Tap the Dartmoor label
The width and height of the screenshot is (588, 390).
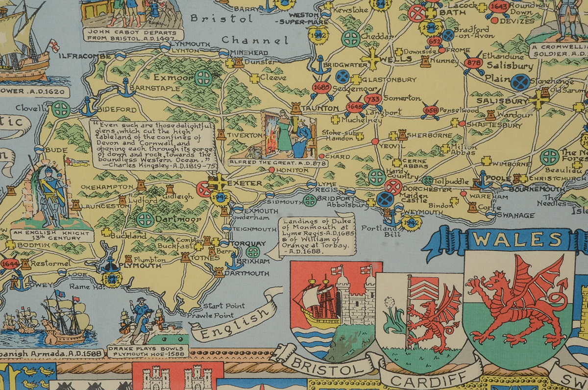click(178, 219)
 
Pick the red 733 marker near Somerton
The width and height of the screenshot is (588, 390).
click(373, 99)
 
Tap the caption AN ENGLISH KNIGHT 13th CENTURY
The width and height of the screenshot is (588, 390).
click(52, 234)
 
